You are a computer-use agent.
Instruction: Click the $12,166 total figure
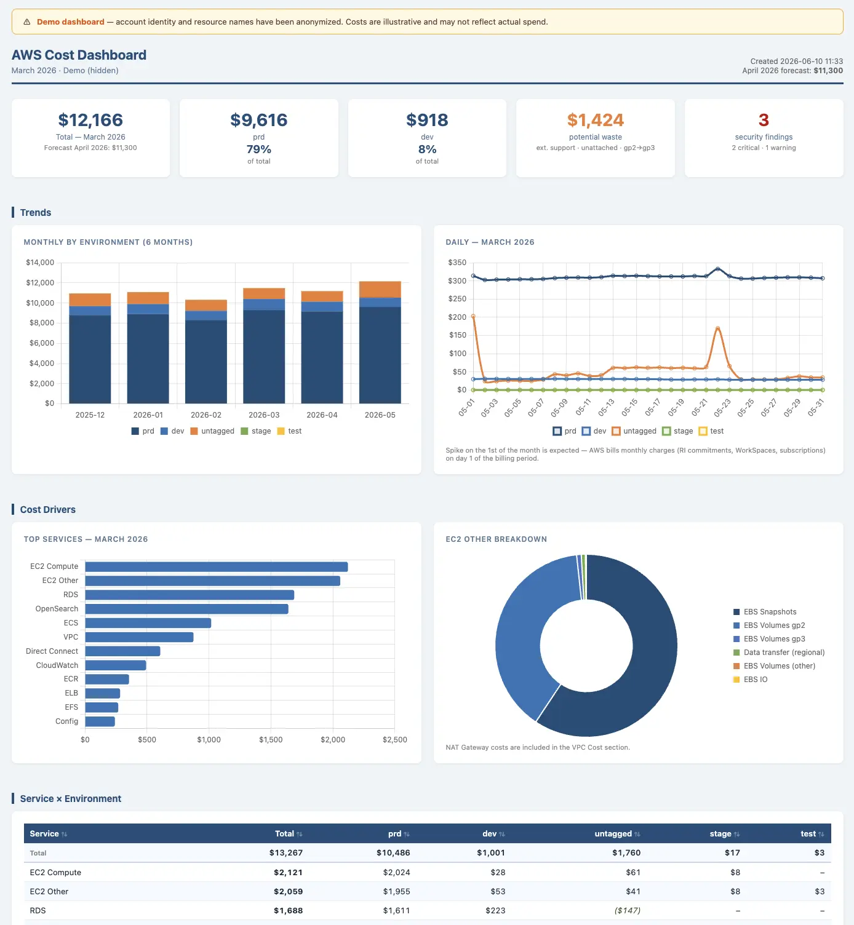tap(90, 120)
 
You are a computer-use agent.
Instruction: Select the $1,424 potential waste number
tap(596, 120)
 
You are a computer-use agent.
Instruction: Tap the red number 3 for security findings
tap(764, 120)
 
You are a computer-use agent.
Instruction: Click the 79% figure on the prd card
tap(258, 149)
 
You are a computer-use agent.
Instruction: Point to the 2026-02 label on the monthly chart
tap(206, 415)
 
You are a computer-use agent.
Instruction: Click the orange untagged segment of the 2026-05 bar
tap(380, 289)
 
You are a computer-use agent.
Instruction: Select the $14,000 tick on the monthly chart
tap(40, 262)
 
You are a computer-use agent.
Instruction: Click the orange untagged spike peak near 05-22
tap(718, 328)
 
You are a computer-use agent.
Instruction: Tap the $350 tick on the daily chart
tap(457, 262)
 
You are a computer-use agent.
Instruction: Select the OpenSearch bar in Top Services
tap(186, 609)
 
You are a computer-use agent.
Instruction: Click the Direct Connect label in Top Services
tap(52, 651)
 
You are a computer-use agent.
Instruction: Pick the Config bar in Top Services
tap(100, 721)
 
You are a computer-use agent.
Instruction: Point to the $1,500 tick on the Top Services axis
tap(271, 739)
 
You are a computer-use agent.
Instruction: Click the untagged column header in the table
tap(613, 833)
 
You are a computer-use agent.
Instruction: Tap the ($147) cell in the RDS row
tap(628, 910)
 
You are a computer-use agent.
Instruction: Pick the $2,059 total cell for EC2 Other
tap(288, 891)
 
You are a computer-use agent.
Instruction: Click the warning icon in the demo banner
tap(27, 22)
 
